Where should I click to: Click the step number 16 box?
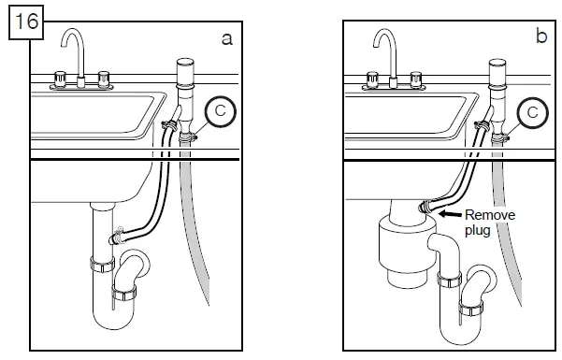coord(24,21)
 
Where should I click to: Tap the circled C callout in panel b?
coord(532,113)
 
